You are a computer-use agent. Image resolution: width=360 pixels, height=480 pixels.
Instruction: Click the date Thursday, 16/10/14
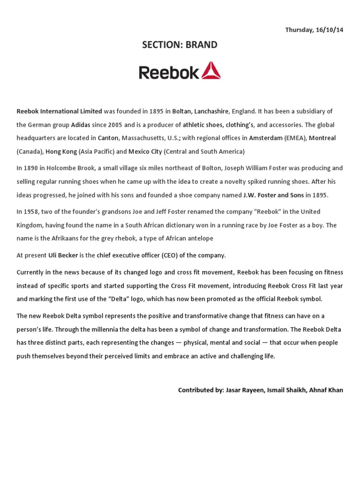coord(314,30)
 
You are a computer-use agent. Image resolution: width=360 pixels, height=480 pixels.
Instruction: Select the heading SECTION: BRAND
coord(180,45)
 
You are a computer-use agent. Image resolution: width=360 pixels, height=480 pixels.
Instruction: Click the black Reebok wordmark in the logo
coord(169,72)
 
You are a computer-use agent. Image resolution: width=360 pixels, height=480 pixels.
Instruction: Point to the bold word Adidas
coord(81,125)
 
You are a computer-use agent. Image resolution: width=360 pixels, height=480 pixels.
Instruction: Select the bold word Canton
coord(108,138)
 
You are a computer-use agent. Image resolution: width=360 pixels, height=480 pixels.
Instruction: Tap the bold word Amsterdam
coord(266,138)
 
